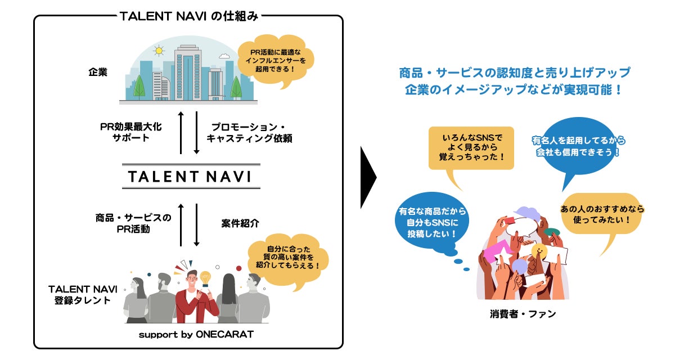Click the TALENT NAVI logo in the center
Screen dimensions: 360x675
[x=189, y=177]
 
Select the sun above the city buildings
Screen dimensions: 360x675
[x=159, y=51]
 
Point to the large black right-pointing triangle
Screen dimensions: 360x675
[x=368, y=178]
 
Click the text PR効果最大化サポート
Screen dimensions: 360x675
[x=132, y=131]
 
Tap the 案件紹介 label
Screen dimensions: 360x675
[x=240, y=223]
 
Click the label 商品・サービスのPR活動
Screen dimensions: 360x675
[x=133, y=223]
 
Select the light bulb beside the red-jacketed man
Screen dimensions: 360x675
[x=205, y=278]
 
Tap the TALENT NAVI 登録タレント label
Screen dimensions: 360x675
[x=82, y=294]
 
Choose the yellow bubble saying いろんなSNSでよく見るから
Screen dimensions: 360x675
[x=471, y=147]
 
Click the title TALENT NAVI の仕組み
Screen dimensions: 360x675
[x=189, y=16]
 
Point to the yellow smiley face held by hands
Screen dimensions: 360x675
[x=539, y=250]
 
